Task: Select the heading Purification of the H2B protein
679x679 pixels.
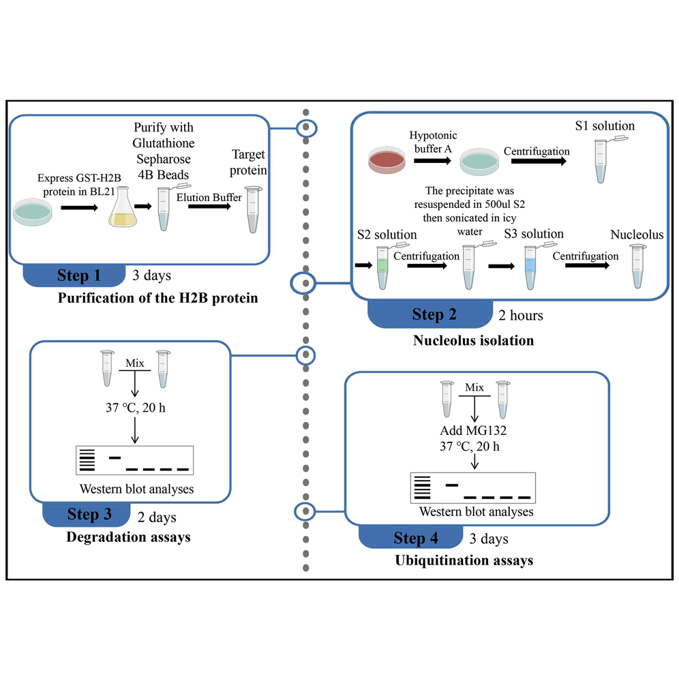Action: [158, 298]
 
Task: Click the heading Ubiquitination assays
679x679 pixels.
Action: [464, 560]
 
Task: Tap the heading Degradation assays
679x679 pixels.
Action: [128, 537]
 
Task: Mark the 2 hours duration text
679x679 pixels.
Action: [521, 315]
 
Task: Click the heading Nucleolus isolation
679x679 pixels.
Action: [473, 339]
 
